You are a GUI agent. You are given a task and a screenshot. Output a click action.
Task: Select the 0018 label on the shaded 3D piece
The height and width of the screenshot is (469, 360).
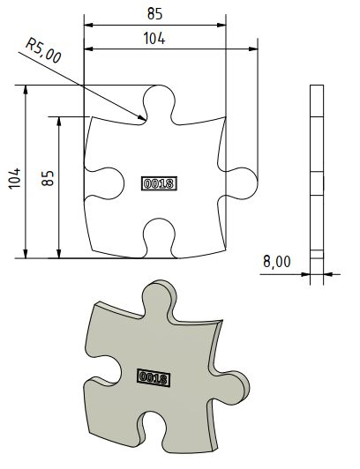click(154, 377)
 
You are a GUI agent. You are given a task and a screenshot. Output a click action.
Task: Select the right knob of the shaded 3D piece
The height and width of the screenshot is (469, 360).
click(231, 388)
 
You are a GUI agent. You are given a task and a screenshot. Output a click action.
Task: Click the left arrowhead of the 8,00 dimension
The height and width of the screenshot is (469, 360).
click(308, 274)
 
